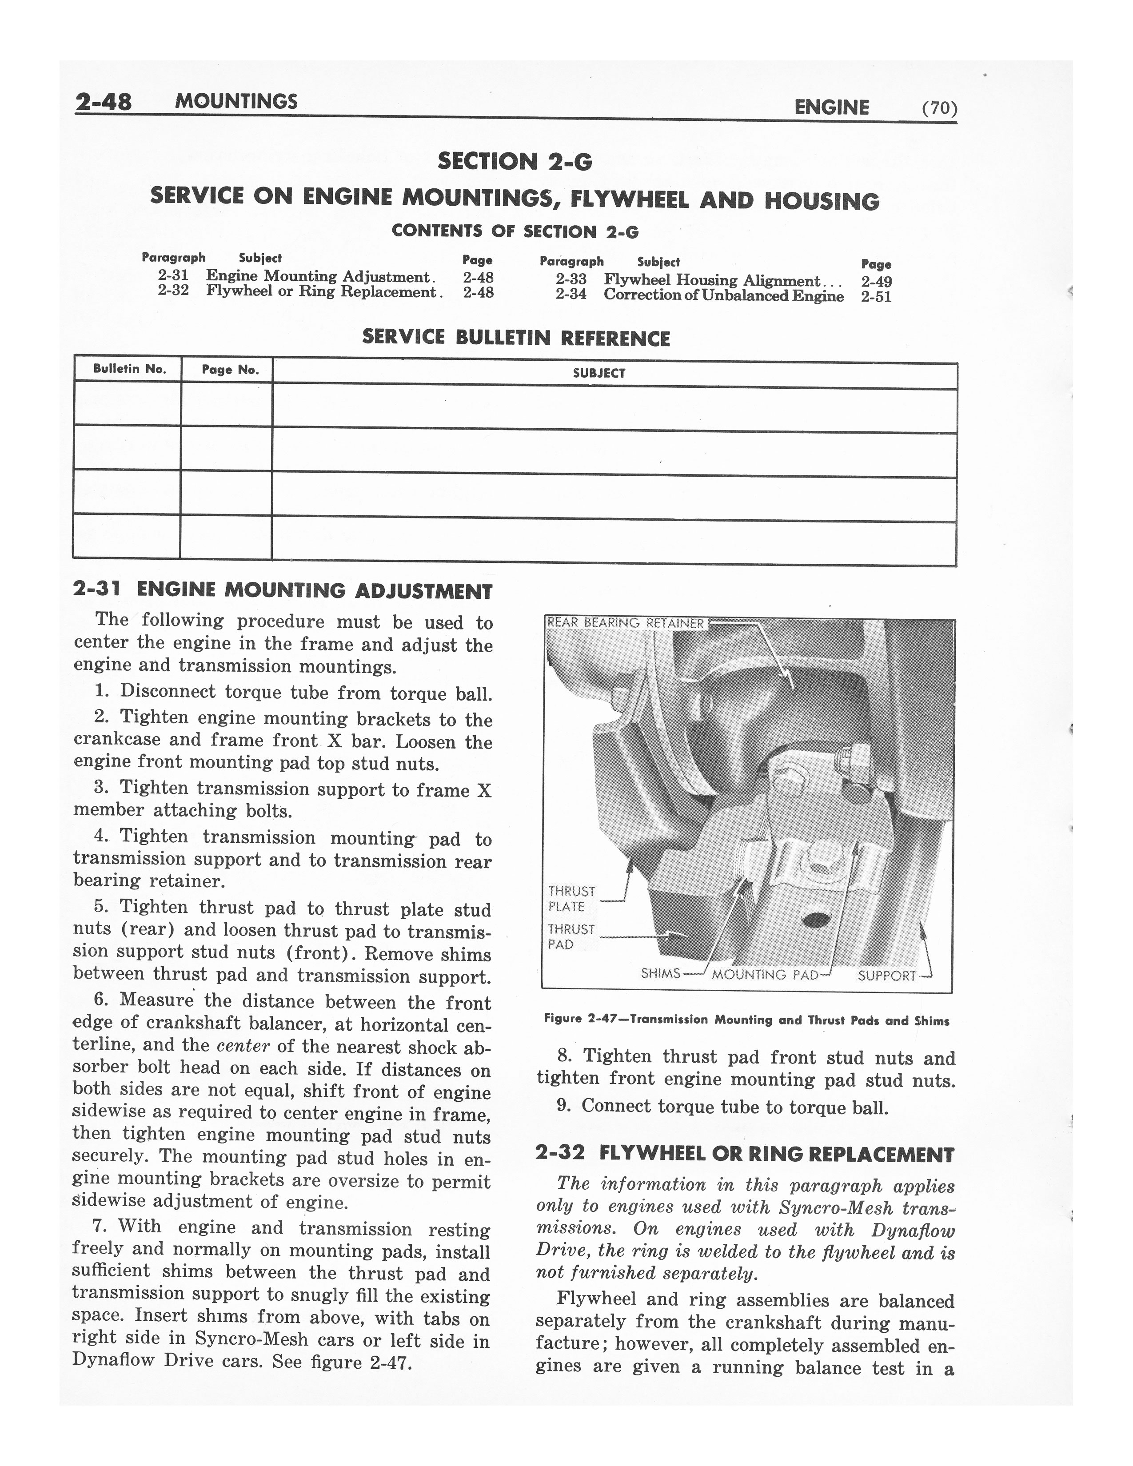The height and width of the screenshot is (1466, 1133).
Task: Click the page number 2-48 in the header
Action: click(x=104, y=102)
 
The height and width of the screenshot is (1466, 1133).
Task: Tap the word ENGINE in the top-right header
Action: click(x=831, y=108)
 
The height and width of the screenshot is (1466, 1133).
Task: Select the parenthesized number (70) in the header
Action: click(x=939, y=108)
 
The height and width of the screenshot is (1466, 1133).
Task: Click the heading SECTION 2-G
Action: click(x=515, y=161)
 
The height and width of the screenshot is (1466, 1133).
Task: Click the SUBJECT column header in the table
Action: click(x=599, y=373)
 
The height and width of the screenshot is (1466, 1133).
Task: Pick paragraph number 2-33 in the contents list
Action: click(x=570, y=279)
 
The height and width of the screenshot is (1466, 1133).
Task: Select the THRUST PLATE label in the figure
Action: click(x=571, y=899)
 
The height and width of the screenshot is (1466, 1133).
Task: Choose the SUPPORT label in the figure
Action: click(x=886, y=975)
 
